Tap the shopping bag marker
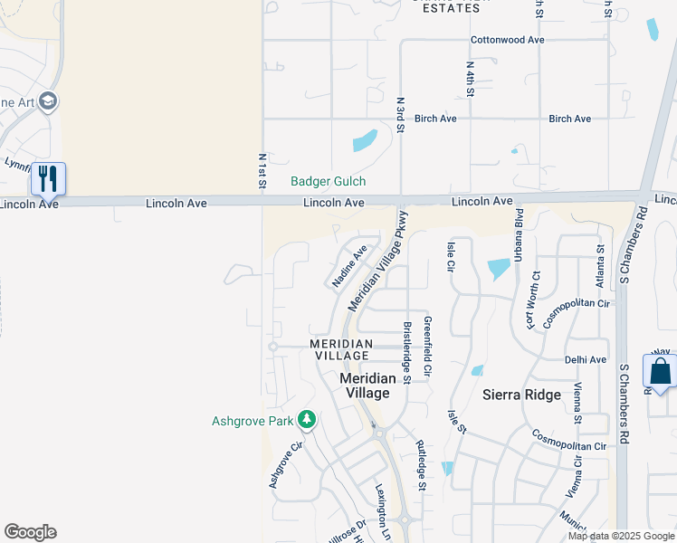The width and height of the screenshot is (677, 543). point(660,371)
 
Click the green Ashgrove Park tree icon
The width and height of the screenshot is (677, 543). point(307,420)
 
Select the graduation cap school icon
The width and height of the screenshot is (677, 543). point(49,100)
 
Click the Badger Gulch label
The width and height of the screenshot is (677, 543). point(328,182)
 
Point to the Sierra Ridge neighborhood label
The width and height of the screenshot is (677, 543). point(521,395)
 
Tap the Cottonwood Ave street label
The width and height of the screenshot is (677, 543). point(507,40)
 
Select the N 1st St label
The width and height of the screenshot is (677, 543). point(262,171)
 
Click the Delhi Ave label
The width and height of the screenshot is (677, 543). point(586,359)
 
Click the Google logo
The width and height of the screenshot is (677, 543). point(30,532)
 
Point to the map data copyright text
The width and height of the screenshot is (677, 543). point(621,536)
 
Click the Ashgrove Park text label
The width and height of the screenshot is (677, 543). point(253,421)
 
